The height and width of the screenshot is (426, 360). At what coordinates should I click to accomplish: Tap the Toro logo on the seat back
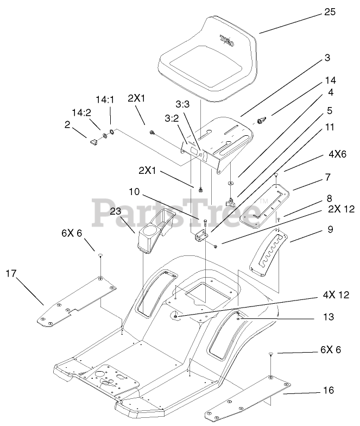[x=227, y=39]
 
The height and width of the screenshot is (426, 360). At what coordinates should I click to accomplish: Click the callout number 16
[x=329, y=390]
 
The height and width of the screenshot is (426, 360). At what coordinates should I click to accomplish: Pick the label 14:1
[x=105, y=99]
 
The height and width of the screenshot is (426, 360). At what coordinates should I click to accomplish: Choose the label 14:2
[x=79, y=112]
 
